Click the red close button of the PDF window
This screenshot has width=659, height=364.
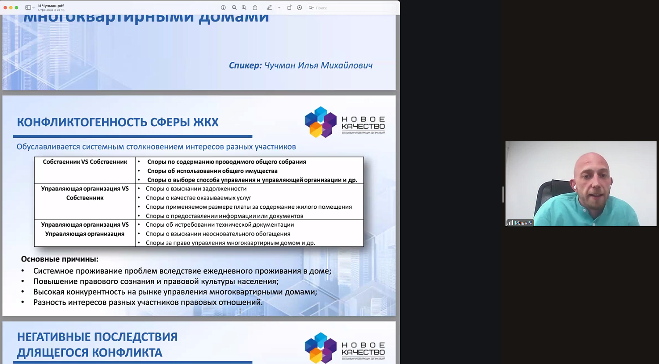coord(5,7)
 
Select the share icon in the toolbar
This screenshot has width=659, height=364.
coord(255,7)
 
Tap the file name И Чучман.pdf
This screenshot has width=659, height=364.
coord(51,6)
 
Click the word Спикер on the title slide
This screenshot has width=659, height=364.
coord(245,65)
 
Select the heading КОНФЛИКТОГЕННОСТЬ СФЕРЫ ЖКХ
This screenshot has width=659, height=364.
coord(117,122)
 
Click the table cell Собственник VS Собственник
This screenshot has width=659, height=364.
coord(85,162)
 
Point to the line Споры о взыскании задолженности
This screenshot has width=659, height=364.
coord(196,189)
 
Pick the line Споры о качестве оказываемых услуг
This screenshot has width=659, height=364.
coord(198,198)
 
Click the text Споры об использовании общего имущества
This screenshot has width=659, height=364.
coord(212,171)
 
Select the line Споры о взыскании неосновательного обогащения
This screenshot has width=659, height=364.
coord(218,234)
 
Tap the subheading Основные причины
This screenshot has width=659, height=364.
coord(60,259)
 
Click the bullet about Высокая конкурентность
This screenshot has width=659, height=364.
coord(175,292)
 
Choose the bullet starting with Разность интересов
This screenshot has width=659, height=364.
coord(148,302)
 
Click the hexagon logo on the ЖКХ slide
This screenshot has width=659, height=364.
coord(321,122)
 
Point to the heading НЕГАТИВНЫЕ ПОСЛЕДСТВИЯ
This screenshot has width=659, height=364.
coord(97,337)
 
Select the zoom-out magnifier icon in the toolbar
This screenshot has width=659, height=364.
coord(234,7)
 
